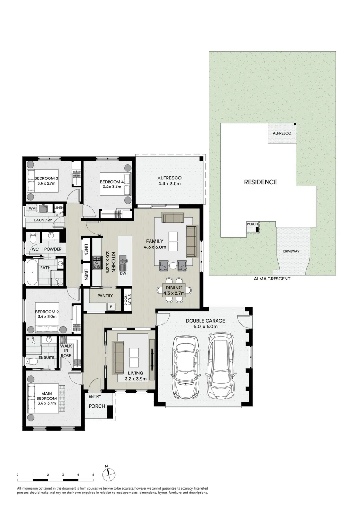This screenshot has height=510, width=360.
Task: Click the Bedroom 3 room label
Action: pos(46,178)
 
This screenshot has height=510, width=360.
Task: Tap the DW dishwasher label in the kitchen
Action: pos(123,273)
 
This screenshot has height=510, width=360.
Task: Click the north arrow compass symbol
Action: pos(107,473)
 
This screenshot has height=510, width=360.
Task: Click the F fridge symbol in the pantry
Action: pos(111,307)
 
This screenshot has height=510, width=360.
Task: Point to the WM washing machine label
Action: pos(33,208)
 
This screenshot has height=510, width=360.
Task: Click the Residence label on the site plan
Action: pos(260,182)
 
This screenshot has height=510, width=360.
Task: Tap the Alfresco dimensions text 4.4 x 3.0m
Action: pos(169,184)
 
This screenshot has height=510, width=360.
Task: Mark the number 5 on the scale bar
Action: pos(93,474)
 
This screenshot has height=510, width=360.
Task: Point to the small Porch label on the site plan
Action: pos(251,224)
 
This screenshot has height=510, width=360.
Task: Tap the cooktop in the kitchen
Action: pos(98,263)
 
